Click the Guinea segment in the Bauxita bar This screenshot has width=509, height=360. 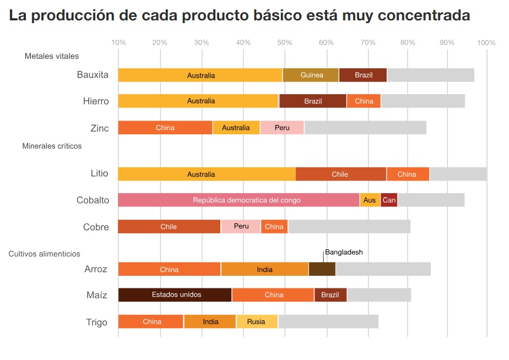[311, 75]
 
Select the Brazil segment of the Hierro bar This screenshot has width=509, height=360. [313, 101]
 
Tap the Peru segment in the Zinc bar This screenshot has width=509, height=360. [282, 128]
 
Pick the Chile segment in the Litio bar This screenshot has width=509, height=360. [340, 174]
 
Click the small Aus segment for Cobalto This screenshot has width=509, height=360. [370, 200]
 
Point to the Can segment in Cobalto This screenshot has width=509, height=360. [389, 200]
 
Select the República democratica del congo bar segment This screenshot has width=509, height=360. [239, 200]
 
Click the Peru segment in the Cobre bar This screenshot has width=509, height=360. [241, 227]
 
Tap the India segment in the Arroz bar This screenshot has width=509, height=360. [264, 269]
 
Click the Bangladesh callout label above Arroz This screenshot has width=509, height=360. [344, 252]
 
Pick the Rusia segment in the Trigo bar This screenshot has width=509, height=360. [257, 321]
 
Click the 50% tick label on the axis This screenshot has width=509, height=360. [285, 42]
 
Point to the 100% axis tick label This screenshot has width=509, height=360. [486, 42]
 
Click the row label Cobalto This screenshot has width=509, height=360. [93, 200]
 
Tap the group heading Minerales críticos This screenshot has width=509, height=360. [52, 146]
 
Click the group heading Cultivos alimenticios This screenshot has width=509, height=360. [44, 254]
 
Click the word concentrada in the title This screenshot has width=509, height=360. [424, 15]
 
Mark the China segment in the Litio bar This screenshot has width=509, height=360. [408, 174]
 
